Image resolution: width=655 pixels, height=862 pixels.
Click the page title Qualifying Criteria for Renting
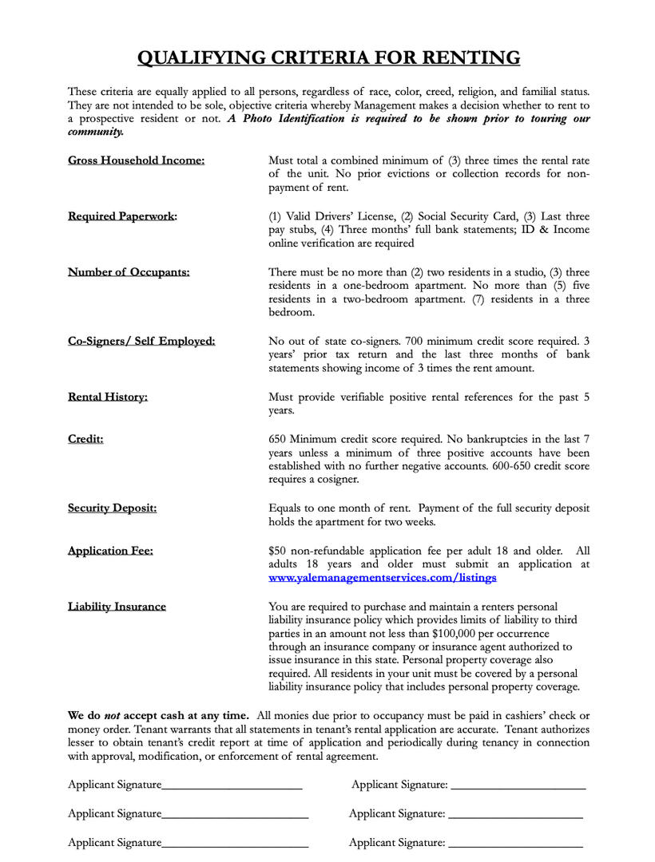pos(328,57)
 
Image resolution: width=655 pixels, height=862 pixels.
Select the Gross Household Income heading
pos(136,160)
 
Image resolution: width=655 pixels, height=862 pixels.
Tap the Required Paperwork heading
pos(122,216)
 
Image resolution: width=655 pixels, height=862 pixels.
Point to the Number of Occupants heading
pos(129,272)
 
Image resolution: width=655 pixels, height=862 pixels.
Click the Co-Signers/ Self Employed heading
pos(141,341)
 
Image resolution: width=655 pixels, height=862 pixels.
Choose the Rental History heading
pos(108,397)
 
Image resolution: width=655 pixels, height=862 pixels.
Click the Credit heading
pos(85,438)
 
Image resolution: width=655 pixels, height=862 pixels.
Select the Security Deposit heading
pos(112,508)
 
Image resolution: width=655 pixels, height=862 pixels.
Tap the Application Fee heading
pos(110,550)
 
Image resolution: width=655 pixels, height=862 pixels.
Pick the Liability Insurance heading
pos(117,607)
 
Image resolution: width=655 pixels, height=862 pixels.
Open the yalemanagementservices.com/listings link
pos(383,577)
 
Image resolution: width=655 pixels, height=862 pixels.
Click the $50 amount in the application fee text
pos(277,550)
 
